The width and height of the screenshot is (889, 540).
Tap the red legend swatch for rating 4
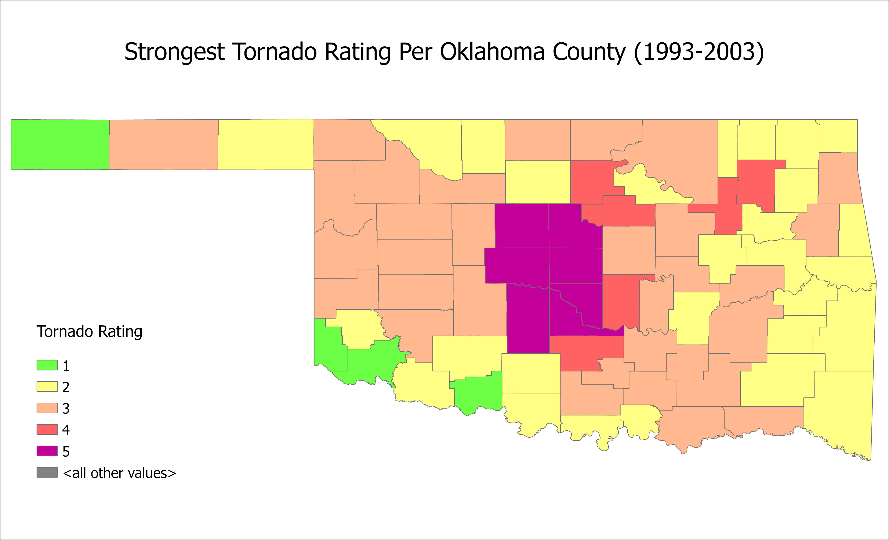click(47, 429)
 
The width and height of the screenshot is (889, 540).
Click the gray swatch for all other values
click(47, 472)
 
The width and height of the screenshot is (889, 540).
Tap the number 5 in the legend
click(66, 451)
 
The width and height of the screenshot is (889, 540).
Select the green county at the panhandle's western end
click(60, 144)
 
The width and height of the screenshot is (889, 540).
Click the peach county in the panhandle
click(163, 144)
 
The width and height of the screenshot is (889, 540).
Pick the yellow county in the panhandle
click(266, 144)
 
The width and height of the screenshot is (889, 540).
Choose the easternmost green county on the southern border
click(476, 393)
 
